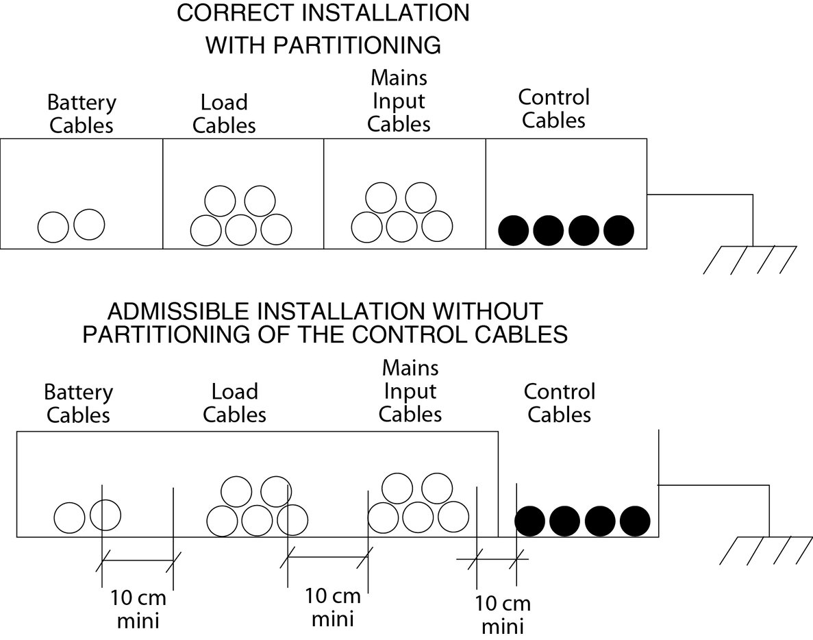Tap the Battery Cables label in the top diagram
point(82,114)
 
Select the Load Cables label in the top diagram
point(224,114)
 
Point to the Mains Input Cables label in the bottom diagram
point(410,391)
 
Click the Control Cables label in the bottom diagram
point(560,403)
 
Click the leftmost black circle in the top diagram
point(513,230)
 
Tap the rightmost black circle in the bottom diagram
point(634,520)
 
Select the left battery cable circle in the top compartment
point(53,227)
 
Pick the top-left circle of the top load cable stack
point(221,201)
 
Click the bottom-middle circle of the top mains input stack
point(401,225)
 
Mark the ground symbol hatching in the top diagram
point(751,260)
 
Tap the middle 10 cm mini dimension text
point(333,606)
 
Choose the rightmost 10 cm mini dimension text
point(503,615)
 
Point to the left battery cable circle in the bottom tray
point(69,517)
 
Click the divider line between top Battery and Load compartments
point(162,193)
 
